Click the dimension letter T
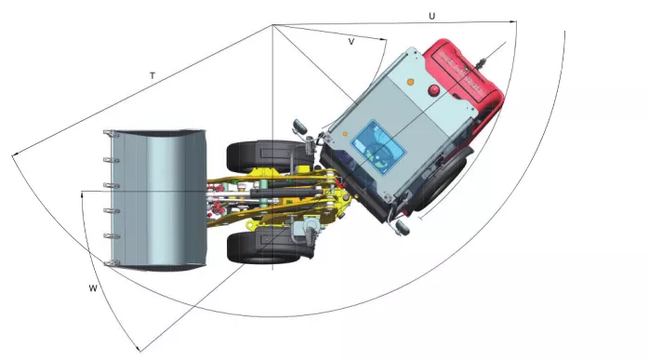tap(152, 74)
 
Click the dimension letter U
tap(431, 16)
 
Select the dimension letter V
tap(351, 42)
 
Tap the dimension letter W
tap(93, 288)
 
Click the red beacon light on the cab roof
tap(433, 90)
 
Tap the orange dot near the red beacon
tap(409, 82)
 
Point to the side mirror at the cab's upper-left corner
tap(298, 125)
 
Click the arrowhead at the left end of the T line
tap(13, 155)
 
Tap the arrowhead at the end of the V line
tap(384, 38)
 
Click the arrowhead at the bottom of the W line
tap(138, 350)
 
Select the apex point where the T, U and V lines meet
tap(272, 24)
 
